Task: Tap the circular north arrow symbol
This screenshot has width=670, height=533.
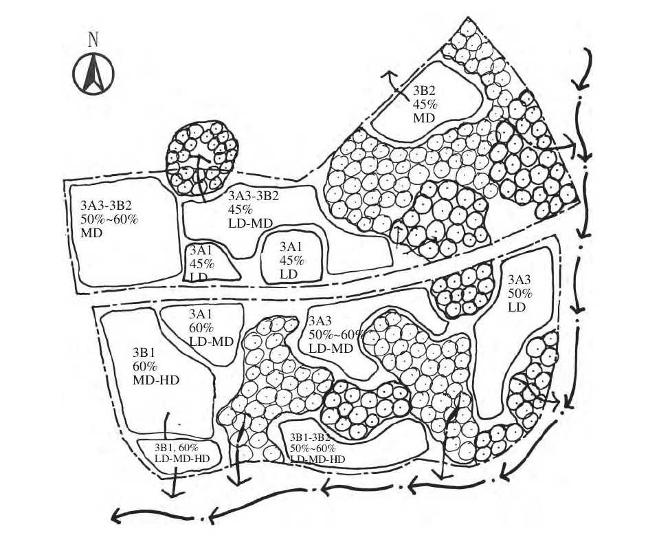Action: (x=93, y=74)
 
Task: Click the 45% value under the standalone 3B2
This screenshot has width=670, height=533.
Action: (x=425, y=105)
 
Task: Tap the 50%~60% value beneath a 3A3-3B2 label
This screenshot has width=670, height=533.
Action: (x=109, y=219)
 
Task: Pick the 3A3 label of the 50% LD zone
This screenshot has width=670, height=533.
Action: (x=519, y=281)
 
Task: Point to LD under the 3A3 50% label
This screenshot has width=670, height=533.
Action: (x=517, y=307)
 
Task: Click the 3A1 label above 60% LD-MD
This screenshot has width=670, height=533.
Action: (x=201, y=314)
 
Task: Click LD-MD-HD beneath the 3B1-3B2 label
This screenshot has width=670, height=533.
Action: (x=317, y=459)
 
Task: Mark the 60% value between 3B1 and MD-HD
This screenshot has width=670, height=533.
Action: (x=146, y=365)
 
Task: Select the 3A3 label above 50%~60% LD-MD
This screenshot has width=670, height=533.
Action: (x=320, y=321)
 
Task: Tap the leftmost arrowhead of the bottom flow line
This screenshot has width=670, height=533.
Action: (x=117, y=516)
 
